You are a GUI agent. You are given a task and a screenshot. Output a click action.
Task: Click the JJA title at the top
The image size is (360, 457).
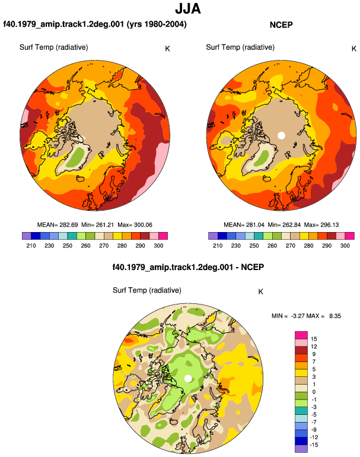(188, 9)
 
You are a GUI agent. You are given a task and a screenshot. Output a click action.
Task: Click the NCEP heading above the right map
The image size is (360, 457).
(281, 25)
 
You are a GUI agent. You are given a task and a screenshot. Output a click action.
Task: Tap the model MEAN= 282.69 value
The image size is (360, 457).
(58, 225)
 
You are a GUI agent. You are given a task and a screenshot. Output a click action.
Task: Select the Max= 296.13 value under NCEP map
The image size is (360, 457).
(321, 225)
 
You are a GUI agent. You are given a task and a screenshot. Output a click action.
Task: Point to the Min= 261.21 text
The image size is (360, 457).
(98, 225)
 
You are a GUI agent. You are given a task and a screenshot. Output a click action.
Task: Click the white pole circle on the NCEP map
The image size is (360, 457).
(281, 135)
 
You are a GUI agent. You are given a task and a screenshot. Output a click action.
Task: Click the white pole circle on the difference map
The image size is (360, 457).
(188, 379)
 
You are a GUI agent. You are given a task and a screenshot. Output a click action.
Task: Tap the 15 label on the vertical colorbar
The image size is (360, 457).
(314, 339)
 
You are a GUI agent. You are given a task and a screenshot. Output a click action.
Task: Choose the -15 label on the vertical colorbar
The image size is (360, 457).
(314, 445)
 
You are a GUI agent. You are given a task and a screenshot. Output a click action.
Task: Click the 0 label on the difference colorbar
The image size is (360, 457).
(314, 392)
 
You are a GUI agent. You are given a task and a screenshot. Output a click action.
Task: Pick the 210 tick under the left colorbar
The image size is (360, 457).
(31, 246)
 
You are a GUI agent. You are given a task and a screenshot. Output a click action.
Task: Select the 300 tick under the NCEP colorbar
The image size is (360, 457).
(345, 246)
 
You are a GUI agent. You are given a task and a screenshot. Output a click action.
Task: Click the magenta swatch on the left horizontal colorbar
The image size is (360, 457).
(163, 236)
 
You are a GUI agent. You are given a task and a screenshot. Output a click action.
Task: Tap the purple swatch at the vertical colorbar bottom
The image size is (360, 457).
(301, 449)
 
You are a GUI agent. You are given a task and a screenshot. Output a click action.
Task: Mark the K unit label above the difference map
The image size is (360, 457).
(261, 292)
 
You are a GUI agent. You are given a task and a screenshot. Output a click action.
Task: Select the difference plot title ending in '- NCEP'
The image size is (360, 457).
(188, 267)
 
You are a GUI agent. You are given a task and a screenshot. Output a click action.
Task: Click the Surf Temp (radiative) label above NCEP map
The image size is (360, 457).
(240, 47)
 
